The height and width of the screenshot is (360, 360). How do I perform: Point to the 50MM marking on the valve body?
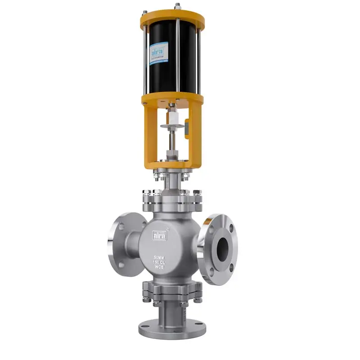[160, 255]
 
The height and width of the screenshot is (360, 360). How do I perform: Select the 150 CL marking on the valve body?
[160, 261]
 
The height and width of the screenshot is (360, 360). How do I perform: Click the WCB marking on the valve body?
[160, 267]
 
